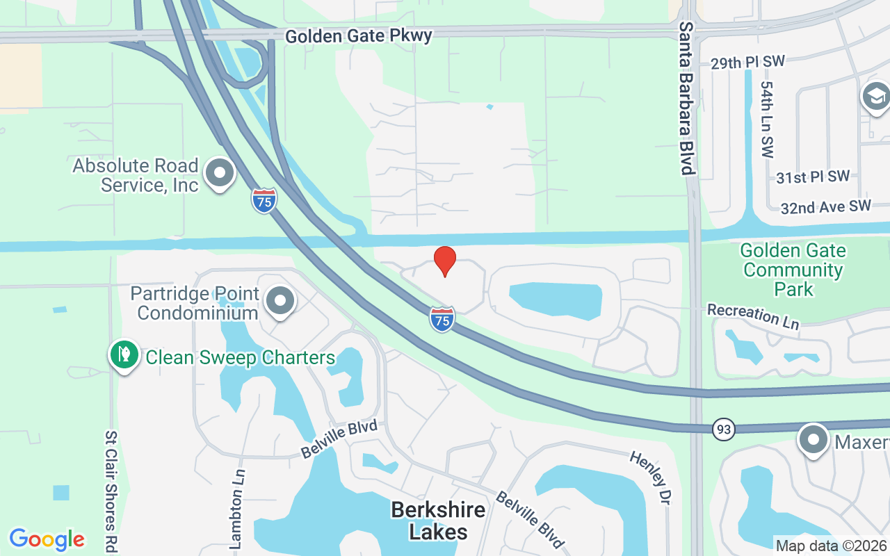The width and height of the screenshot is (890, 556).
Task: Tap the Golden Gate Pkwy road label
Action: (359, 35)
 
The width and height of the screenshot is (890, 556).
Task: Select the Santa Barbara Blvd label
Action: (687, 98)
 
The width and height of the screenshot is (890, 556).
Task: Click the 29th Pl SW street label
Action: (747, 63)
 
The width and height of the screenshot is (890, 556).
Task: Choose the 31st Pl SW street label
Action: (813, 177)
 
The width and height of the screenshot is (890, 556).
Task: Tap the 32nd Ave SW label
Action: (825, 206)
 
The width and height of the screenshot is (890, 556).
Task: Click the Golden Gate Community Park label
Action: (793, 270)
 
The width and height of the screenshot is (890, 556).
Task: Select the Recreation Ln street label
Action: (753, 316)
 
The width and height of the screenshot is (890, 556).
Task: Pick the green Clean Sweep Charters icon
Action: (124, 355)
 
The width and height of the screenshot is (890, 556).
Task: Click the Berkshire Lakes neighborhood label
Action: (438, 521)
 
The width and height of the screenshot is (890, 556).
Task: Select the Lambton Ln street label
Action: (236, 517)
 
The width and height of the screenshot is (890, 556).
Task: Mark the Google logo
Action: (47, 539)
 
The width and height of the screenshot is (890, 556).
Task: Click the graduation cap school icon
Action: (875, 97)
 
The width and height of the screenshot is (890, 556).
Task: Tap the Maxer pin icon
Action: (813, 440)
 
